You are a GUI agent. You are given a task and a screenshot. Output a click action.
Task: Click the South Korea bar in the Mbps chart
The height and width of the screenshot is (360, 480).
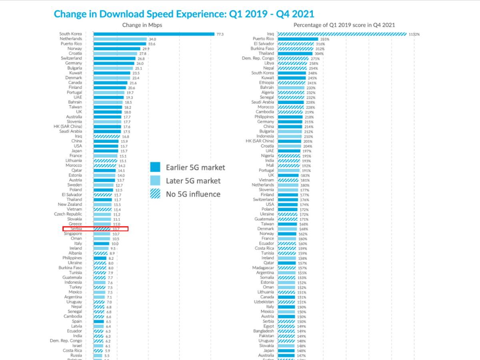click(154, 34)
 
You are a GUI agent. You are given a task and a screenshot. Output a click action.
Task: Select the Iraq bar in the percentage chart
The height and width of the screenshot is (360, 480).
click(342, 34)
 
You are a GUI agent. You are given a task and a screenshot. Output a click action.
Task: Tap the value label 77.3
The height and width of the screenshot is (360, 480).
click(220, 34)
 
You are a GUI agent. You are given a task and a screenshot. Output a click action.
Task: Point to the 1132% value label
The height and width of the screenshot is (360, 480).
click(414, 34)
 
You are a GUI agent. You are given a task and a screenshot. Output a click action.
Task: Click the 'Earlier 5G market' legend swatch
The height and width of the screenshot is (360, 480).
click(155, 167)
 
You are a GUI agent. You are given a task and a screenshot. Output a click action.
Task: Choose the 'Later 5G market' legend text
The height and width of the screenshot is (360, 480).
click(193, 181)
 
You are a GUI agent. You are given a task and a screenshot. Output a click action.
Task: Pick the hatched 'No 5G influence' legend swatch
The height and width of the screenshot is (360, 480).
click(155, 194)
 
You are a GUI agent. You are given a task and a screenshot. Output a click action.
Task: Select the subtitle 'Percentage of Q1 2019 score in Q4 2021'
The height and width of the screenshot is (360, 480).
click(344, 25)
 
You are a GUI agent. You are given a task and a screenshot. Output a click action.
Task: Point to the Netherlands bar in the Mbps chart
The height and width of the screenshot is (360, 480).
click(120, 39)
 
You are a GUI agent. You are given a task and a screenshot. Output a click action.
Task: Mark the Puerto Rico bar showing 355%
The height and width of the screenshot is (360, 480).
click(298, 39)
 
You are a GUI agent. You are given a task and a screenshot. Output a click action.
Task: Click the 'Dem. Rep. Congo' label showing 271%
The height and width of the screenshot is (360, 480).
click(258, 58)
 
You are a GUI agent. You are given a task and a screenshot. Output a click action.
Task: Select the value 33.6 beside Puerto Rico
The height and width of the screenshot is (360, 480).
click(152, 44)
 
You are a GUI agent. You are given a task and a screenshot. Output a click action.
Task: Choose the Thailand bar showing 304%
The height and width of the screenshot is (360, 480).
click(295, 54)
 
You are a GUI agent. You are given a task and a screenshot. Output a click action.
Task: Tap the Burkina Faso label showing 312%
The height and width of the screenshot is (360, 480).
click(262, 49)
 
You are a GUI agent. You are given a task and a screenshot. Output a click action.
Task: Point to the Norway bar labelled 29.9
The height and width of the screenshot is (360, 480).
click(117, 49)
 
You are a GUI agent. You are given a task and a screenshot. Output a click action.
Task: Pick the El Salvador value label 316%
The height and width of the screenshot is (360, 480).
click(320, 44)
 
